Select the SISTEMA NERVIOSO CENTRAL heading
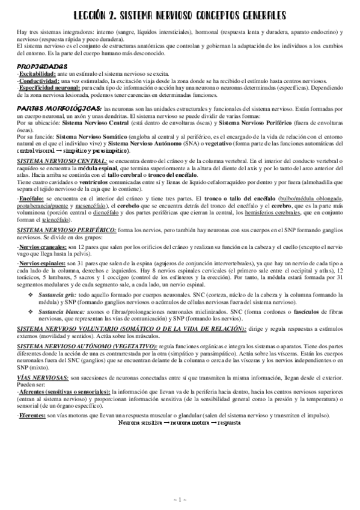coord(61,162)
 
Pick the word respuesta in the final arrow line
coord(228,423)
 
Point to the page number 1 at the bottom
coord(180,499)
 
